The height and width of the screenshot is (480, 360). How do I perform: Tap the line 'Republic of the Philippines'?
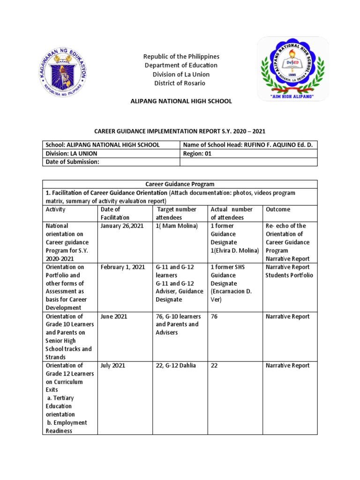181,56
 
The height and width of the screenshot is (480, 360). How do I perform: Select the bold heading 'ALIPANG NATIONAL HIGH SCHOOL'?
181,101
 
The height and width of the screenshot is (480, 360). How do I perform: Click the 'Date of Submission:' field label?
73,162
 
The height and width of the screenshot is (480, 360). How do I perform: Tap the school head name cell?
248,145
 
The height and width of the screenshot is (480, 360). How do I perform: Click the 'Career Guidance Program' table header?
180,184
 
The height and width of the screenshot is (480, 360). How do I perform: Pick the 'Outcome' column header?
278,210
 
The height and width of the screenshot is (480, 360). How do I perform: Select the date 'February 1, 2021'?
123,267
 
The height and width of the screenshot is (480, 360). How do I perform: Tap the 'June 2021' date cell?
114,316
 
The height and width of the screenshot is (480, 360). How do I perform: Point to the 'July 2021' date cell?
113,366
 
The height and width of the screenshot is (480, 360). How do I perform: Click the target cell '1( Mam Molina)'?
177,225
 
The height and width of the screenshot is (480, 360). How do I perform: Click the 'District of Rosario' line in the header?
180,83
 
